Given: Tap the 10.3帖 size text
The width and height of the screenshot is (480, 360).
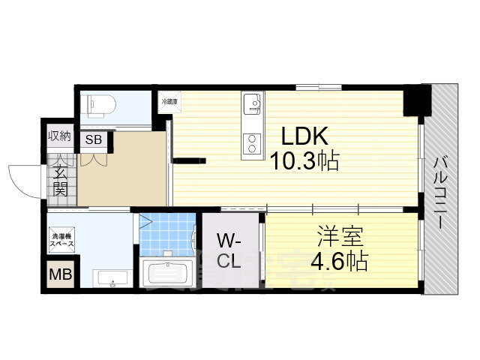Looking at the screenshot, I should [304, 160].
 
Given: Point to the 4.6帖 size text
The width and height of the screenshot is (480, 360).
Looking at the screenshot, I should [339, 262].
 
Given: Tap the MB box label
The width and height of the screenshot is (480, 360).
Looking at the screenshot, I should [60, 275].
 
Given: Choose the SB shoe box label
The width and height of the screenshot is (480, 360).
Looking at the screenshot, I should [94, 139].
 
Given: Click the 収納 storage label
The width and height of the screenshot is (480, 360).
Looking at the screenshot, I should [60, 136].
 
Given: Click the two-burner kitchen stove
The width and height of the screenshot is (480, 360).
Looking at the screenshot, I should [252, 142].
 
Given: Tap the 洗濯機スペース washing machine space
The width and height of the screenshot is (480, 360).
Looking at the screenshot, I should [61, 238].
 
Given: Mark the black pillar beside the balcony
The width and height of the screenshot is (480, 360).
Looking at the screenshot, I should [417, 100].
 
